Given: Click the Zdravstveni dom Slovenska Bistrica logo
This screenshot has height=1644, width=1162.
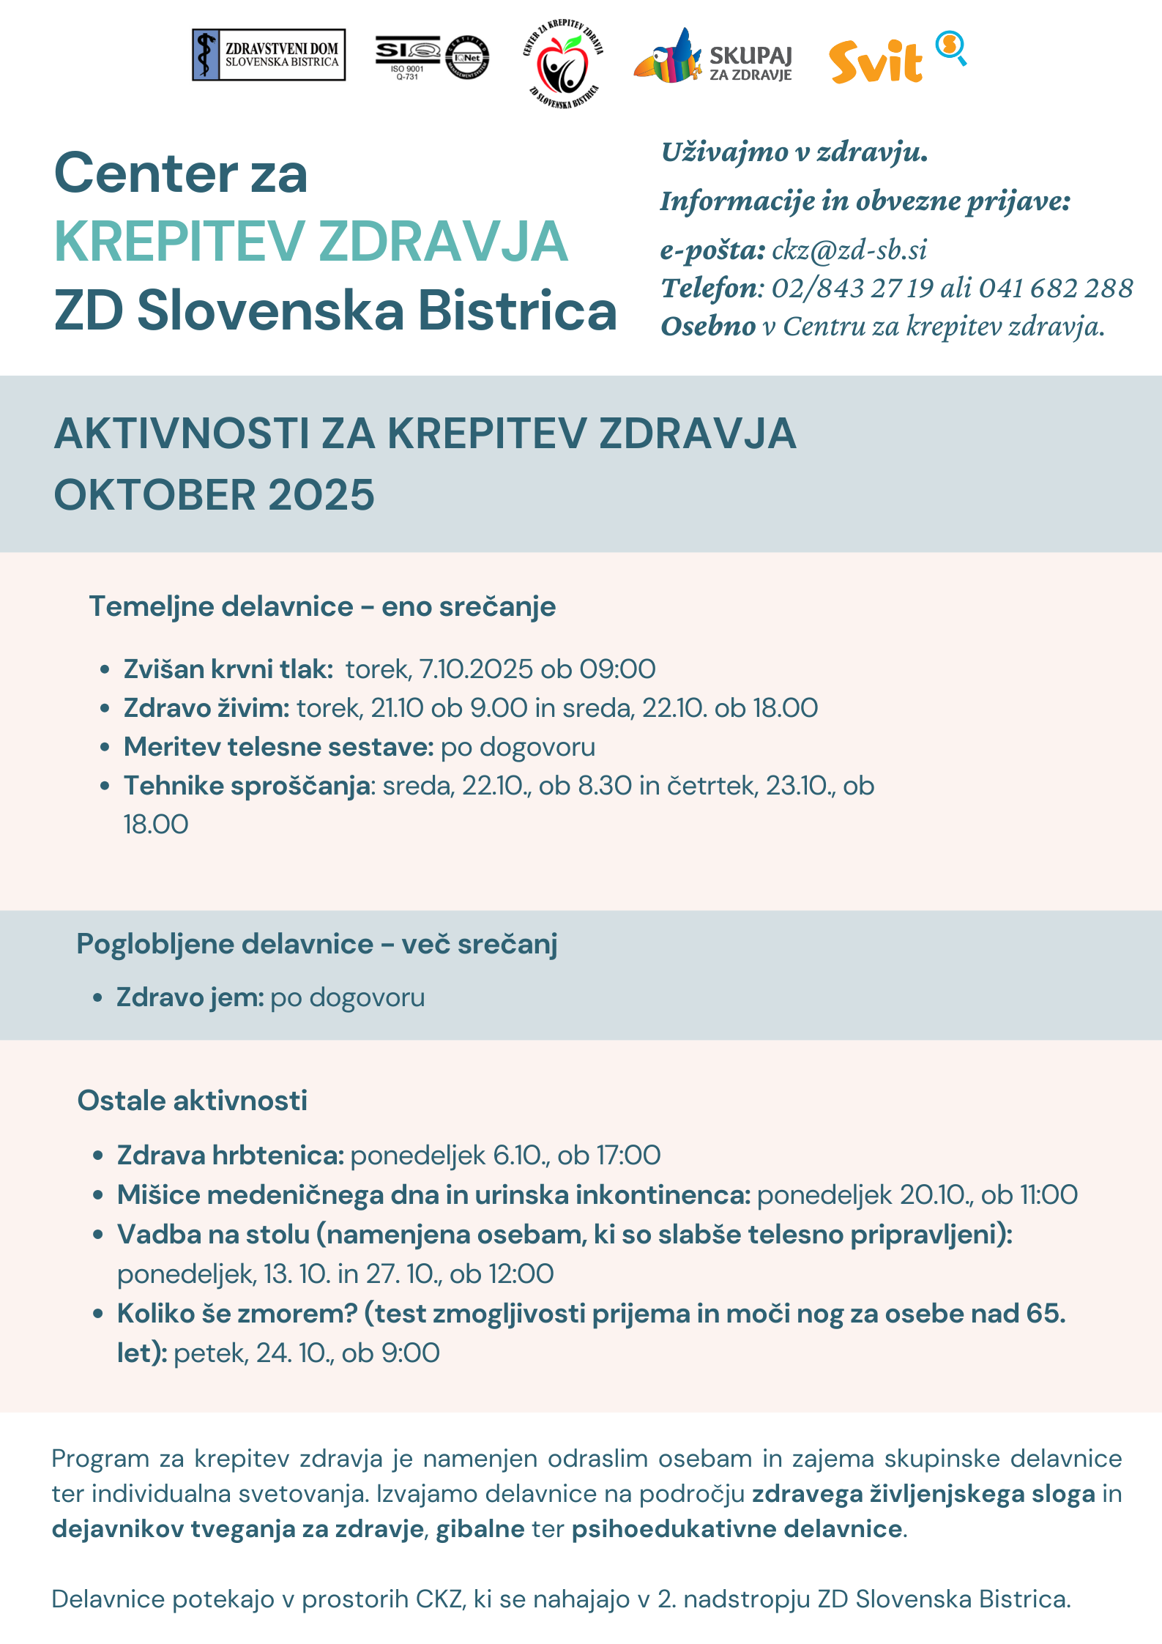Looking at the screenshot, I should [268, 55].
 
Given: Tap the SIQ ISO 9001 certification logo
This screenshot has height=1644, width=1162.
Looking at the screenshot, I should [432, 58].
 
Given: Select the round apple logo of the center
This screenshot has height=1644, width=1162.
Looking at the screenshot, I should [562, 64].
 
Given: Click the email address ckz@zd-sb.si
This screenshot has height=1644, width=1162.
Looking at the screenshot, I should [849, 250].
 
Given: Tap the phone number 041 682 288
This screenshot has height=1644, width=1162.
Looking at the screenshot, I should [1056, 289].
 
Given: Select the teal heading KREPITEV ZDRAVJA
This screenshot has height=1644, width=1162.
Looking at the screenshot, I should [311, 242].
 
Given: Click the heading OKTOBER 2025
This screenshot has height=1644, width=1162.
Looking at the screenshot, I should [215, 495].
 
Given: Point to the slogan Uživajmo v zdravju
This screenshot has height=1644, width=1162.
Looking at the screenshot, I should [794, 152].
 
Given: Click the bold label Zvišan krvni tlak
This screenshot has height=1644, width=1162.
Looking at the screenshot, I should [228, 669].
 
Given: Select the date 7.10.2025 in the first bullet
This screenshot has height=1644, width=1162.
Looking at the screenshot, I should [476, 669].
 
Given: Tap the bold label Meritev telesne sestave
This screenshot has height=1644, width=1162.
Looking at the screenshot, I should [279, 747].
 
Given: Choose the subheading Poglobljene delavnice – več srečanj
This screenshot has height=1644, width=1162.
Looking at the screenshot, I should [317, 945].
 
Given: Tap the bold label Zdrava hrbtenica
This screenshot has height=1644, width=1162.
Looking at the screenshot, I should [231, 1156].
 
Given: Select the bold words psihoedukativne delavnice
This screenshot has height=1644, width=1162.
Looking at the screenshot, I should [737, 1529].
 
